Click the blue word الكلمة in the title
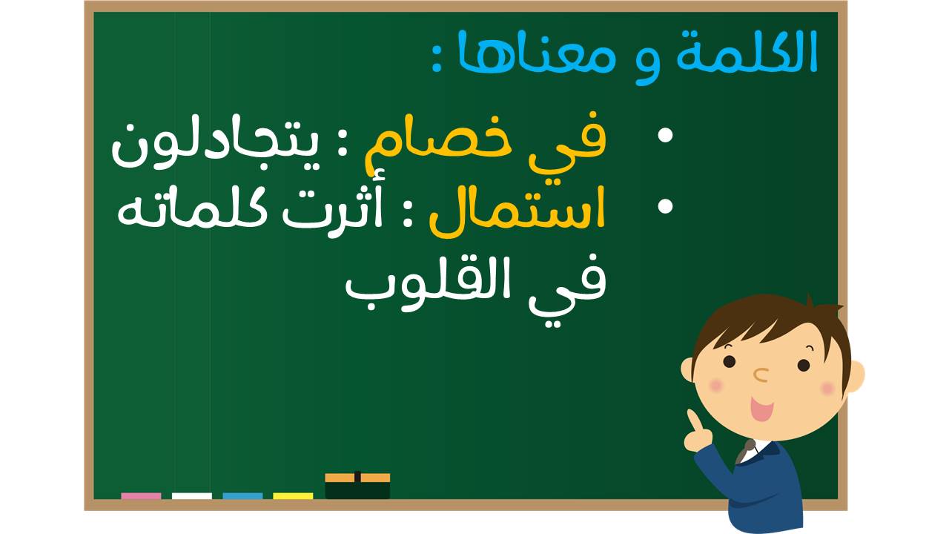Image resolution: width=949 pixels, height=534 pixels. click(x=747, y=51)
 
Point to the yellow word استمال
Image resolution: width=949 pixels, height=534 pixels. click(x=517, y=212)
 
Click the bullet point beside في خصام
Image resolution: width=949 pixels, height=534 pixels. click(x=665, y=135)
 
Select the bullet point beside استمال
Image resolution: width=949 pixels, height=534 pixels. click(x=665, y=206)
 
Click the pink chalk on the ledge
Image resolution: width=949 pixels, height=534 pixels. click(x=141, y=496)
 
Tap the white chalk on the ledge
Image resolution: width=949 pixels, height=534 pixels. click(x=192, y=496)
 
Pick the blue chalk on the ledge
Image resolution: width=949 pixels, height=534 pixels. click(x=242, y=496)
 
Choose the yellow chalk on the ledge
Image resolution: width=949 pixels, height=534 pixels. click(x=293, y=496)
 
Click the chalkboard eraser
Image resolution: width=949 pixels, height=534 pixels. click(x=357, y=486)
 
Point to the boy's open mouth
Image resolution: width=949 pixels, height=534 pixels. click(x=761, y=409)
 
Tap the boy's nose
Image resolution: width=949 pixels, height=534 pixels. click(x=761, y=375)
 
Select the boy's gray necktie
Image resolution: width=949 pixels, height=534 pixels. click(x=745, y=452)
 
